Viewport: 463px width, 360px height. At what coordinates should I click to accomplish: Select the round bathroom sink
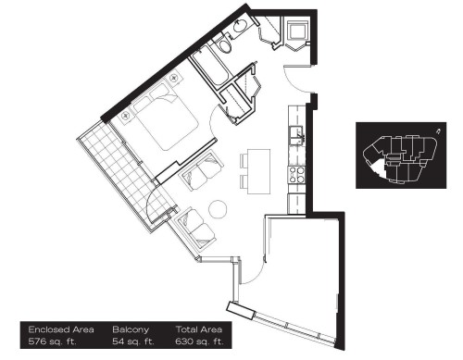[239, 29]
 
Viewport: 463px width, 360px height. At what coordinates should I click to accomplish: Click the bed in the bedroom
[161, 118]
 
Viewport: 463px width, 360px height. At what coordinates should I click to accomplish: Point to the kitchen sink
[298, 137]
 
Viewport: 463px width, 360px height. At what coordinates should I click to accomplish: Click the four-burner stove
[298, 173]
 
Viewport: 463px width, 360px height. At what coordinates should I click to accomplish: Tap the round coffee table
[219, 209]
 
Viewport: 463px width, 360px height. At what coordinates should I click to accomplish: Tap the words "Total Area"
[197, 329]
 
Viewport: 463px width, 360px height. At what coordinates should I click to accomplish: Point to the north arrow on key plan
[439, 131]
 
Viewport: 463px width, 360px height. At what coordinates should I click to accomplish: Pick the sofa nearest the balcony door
[188, 225]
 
